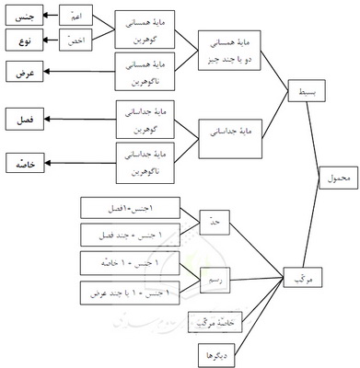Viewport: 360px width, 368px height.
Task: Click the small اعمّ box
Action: click(x=73, y=17)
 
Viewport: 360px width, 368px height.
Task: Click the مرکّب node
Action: click(x=296, y=278)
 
